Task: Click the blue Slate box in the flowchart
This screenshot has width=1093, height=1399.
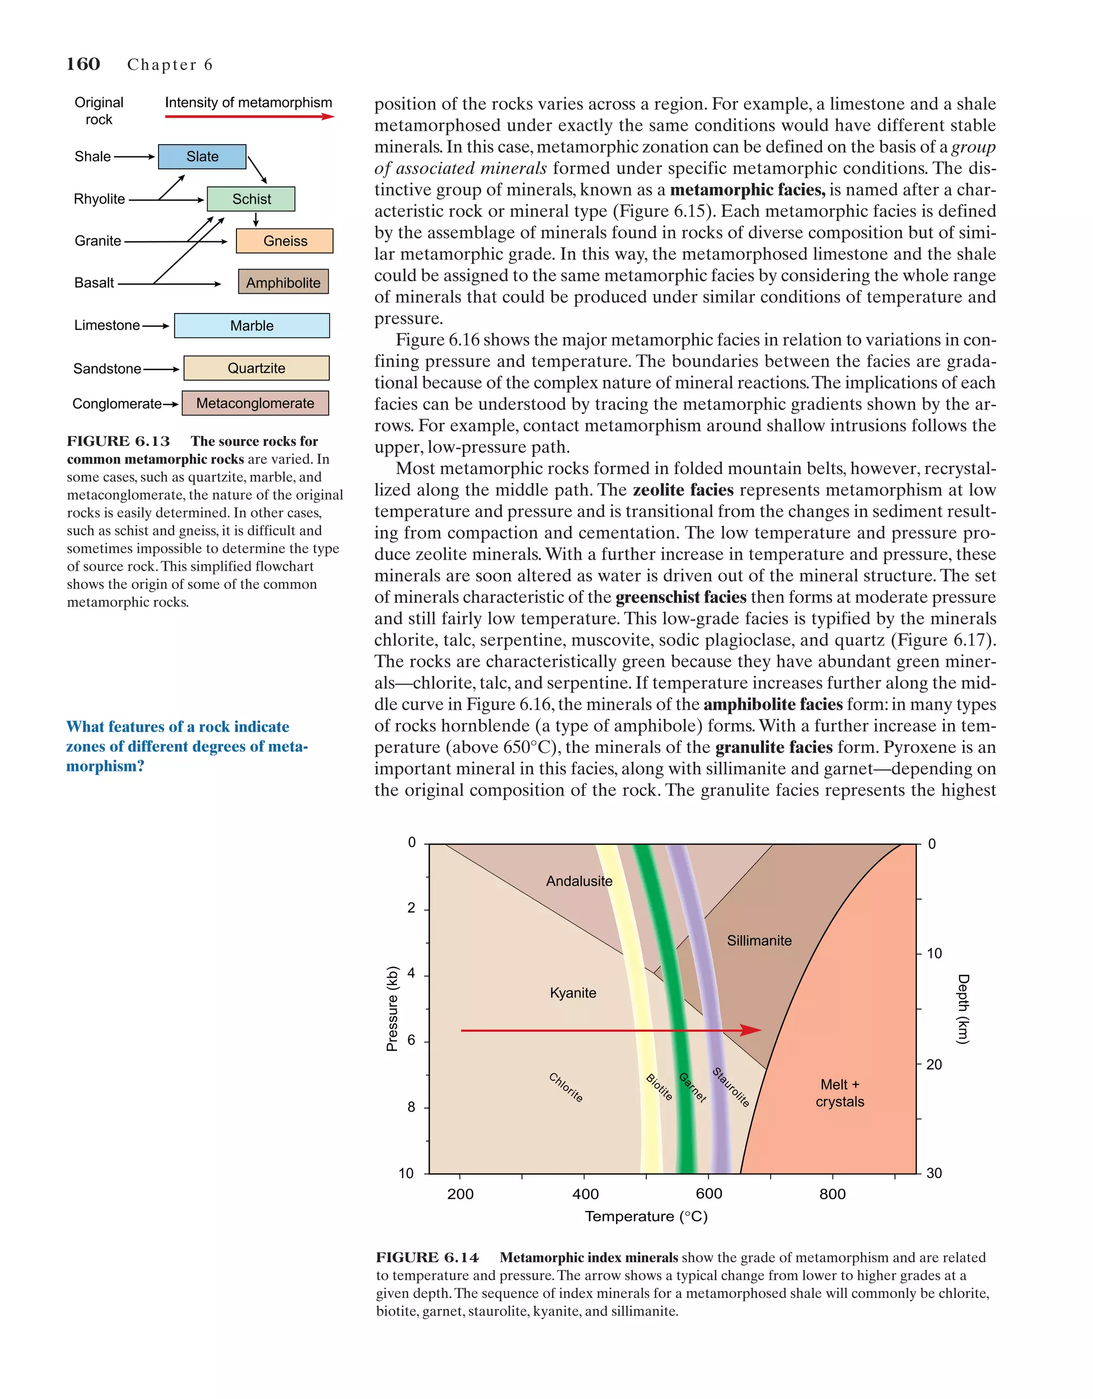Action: [x=202, y=157]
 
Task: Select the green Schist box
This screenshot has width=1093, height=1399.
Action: [x=251, y=199]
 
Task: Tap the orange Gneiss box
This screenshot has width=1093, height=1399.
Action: [x=284, y=241]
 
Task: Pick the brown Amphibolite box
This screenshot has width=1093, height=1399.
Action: [x=283, y=282]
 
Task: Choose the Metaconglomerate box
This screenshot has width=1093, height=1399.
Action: [x=255, y=404]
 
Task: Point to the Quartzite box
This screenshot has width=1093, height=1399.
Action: [x=256, y=368]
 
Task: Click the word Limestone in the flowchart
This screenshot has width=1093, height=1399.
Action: [x=106, y=325]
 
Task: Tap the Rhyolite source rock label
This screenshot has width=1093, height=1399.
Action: [x=99, y=199]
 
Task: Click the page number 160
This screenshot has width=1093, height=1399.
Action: [x=83, y=64]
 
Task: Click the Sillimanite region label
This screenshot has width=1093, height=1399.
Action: [x=759, y=940]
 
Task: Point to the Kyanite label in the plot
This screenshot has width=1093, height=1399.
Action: [x=573, y=993]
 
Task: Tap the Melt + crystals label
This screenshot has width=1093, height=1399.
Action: [x=839, y=1093]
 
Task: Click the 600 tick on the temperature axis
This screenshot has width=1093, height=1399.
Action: [x=708, y=1194]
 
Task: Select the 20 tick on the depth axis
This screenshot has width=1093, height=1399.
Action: [x=933, y=1065]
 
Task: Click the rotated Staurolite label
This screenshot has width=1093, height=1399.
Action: [x=731, y=1087]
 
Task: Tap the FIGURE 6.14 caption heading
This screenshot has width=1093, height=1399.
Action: [x=427, y=1257]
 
